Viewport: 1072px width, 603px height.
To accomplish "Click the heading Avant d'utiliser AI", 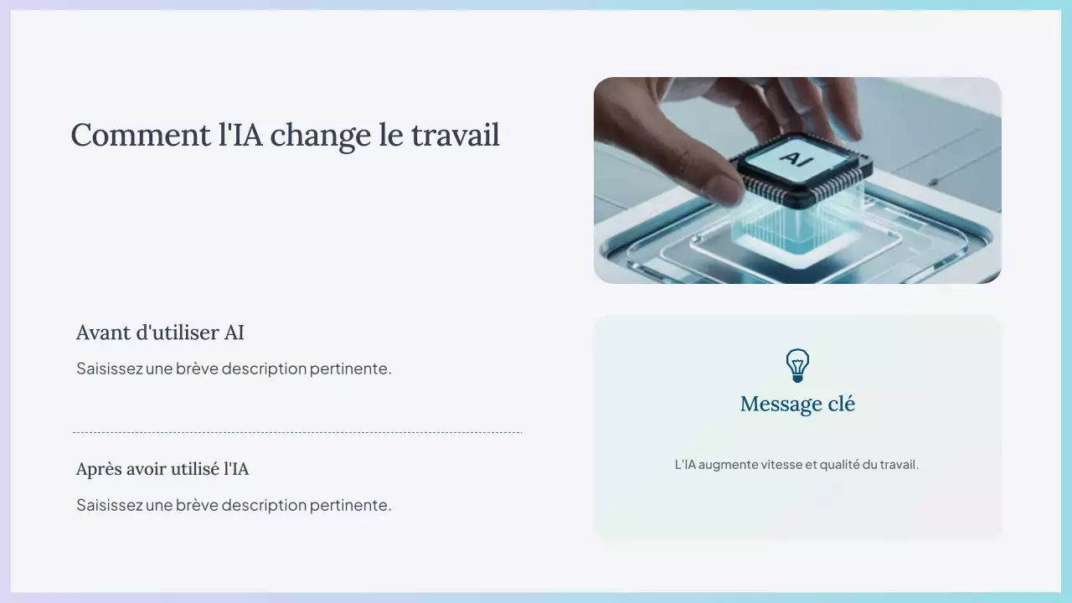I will pos(160,332).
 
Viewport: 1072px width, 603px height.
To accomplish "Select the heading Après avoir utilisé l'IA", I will pos(162,469).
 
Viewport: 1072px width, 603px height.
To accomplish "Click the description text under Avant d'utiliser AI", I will pos(234,368).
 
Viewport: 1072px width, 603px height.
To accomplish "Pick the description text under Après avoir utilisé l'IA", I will pos(234,505).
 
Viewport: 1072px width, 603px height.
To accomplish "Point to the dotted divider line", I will pos(297,433).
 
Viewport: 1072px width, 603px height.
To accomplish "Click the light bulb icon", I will pos(797,366).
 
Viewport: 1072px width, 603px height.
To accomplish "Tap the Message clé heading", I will pos(797,405).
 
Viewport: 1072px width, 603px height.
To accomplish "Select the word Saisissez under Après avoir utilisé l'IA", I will pos(110,505).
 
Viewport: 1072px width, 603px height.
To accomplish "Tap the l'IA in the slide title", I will pos(240,135).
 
